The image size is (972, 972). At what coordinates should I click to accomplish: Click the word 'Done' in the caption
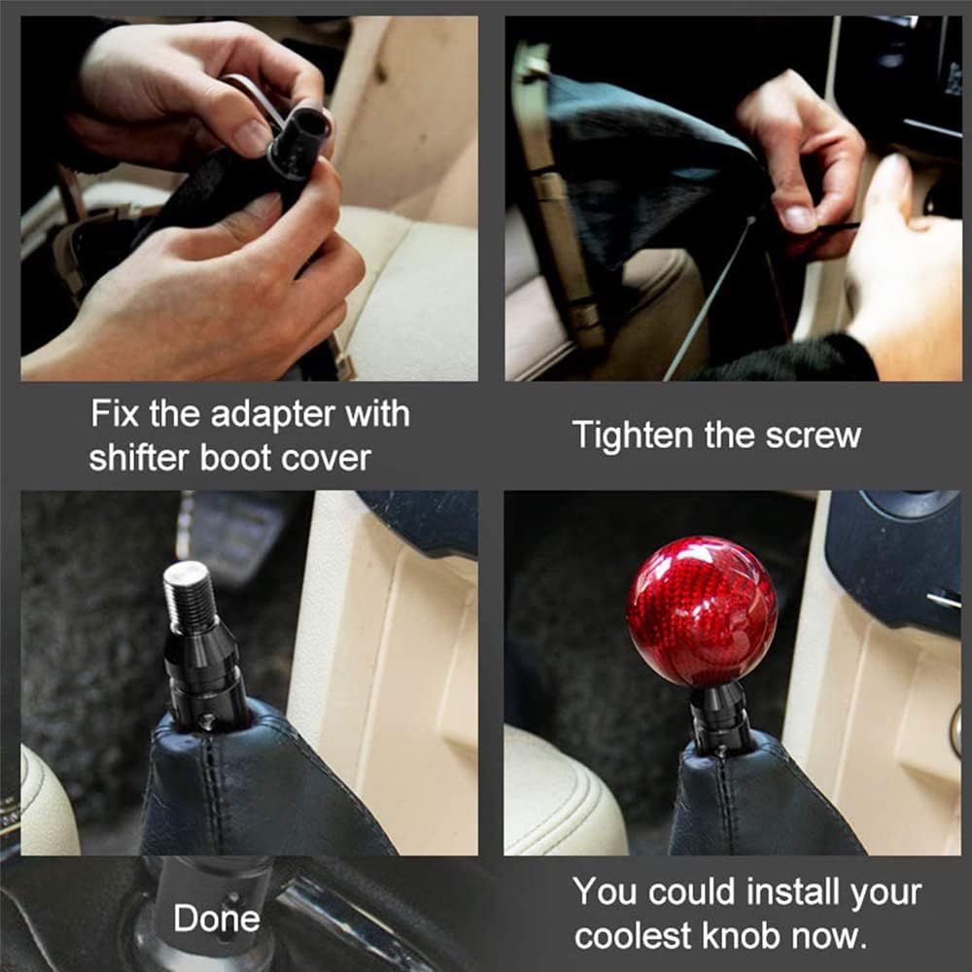tap(217, 919)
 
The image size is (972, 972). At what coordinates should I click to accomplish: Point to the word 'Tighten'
tap(633, 436)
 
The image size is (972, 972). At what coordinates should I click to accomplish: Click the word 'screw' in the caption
tap(814, 436)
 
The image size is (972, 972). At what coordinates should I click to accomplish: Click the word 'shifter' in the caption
tap(138, 459)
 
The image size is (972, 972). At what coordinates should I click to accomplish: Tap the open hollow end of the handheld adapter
tap(310, 125)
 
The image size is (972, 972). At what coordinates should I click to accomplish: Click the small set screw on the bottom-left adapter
tap(209, 719)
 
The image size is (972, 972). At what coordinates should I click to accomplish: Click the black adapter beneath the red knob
tap(719, 716)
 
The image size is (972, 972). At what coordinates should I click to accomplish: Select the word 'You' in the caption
tap(606, 891)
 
